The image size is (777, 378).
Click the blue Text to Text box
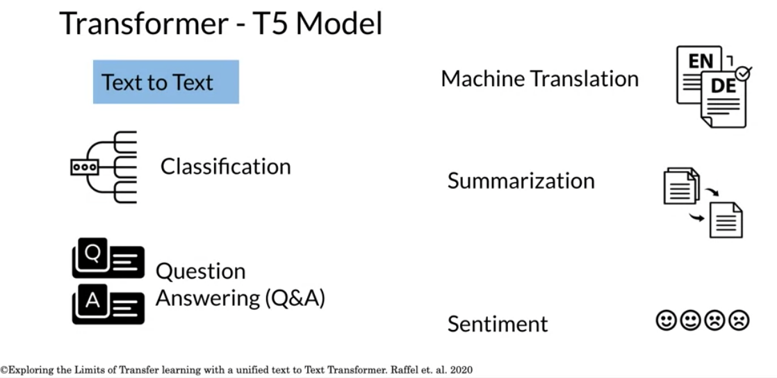pos(166,82)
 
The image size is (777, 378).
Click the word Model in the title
pos(339,23)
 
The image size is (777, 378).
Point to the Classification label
pos(225,167)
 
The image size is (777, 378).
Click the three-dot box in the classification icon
pos(85,167)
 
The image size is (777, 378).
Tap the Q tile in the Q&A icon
pos(92,253)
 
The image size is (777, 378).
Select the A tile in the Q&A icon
pos(92,300)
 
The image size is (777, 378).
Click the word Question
pos(201,272)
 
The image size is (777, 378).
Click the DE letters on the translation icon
pos(723,86)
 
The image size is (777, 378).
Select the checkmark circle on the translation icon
pos(744,73)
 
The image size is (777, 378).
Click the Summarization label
pos(521,181)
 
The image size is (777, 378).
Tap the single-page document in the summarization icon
pos(726,220)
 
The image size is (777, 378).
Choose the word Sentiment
pos(498,324)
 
